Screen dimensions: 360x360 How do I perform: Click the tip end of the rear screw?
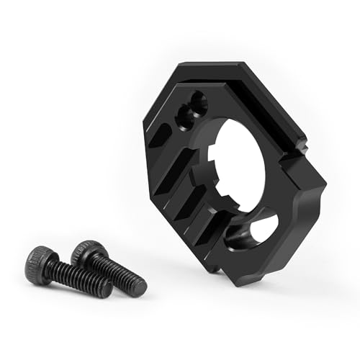click(x=140, y=287)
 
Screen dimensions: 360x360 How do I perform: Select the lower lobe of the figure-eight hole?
click(x=188, y=114)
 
